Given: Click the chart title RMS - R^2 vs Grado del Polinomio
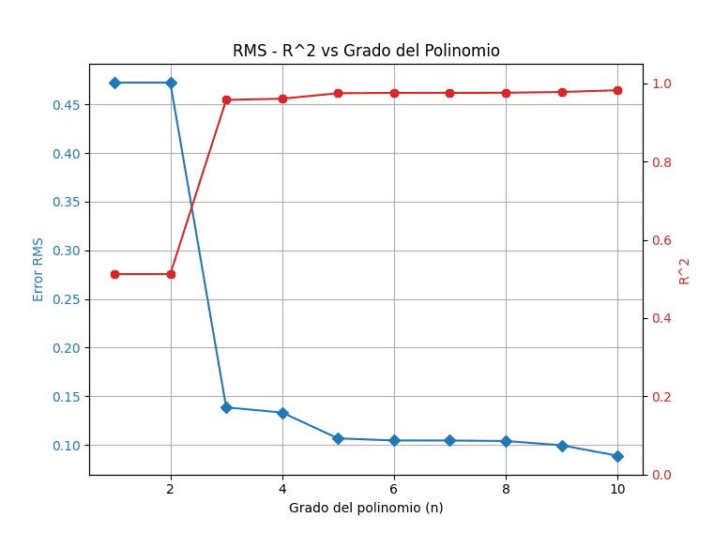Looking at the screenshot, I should point(366,52).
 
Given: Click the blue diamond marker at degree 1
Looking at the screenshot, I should point(114,83).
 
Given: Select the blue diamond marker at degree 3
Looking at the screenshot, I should point(226,407).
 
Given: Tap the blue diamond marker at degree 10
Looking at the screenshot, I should point(617,456).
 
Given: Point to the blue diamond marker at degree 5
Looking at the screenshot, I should point(338,438).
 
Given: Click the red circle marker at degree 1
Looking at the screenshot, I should point(114,274).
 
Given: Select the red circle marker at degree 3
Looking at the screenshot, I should point(226,99).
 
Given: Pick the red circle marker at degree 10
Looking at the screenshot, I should point(617,90).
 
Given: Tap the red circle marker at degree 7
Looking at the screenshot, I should point(449,93).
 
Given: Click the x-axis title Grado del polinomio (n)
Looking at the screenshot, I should point(366,508).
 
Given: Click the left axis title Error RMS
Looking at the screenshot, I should point(38,269).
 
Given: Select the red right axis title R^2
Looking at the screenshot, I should point(685,270).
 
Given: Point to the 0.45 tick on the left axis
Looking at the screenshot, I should point(67,104).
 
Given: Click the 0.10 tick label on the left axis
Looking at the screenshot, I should point(67,445).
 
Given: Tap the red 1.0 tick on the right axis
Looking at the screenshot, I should point(661,84).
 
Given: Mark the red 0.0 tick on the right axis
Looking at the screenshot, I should point(661,475).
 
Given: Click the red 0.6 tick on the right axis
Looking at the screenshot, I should point(661,240).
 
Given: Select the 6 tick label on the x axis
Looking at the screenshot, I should point(394,489).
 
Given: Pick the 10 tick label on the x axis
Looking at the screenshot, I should point(617,489).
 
